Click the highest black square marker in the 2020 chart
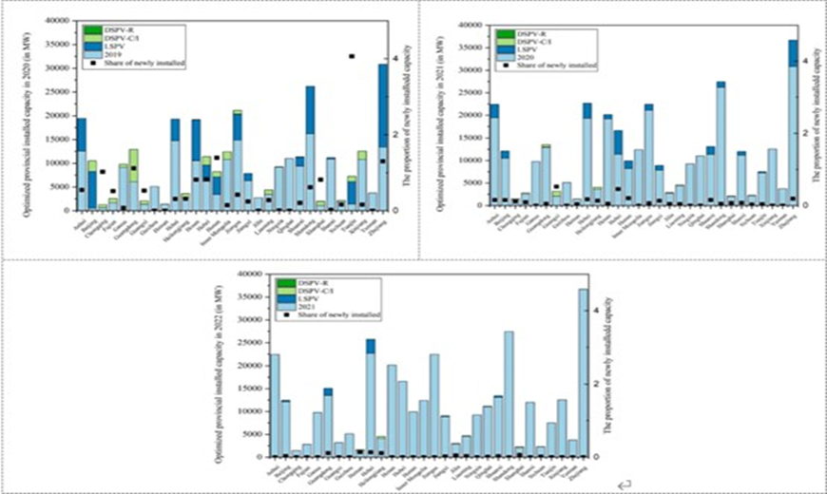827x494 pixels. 352,56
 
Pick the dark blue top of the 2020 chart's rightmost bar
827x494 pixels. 383,104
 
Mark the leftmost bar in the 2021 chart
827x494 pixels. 493,157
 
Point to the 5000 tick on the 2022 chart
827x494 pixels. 254,434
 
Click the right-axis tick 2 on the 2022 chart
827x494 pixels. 597,384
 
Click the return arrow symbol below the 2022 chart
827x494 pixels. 621,484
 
